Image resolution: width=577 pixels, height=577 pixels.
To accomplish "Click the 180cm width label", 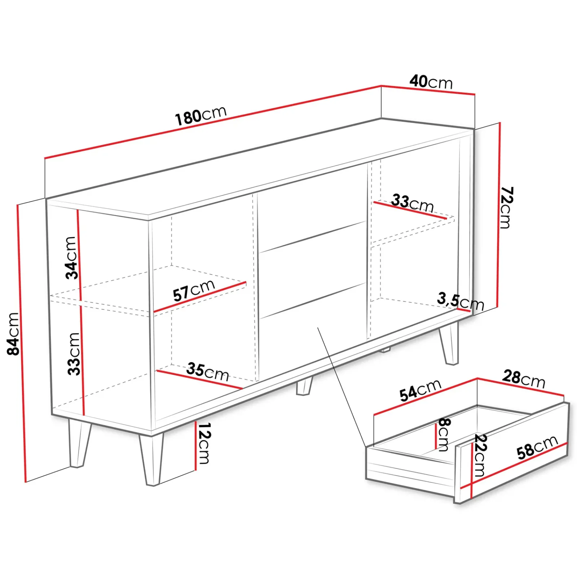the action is (x=201, y=115).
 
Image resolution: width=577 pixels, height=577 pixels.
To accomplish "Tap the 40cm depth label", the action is (x=431, y=82).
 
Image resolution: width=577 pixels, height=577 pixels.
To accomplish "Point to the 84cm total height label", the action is (x=13, y=334).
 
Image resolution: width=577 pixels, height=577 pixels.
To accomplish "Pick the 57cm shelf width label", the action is (x=194, y=290).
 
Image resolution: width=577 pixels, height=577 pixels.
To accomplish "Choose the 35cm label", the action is (x=208, y=372).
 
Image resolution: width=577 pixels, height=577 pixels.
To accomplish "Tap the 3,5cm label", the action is (x=460, y=301).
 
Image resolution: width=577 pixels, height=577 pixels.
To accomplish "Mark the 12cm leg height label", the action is (x=204, y=443).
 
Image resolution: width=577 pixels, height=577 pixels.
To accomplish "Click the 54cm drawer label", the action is (x=420, y=390).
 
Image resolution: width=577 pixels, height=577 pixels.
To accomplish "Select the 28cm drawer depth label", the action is (x=524, y=379).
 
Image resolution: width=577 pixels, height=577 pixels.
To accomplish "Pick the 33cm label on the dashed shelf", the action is (x=413, y=203).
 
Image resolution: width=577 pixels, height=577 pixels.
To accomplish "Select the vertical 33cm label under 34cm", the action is (x=74, y=354).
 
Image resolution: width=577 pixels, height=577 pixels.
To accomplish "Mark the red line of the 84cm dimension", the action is (x=21, y=343).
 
